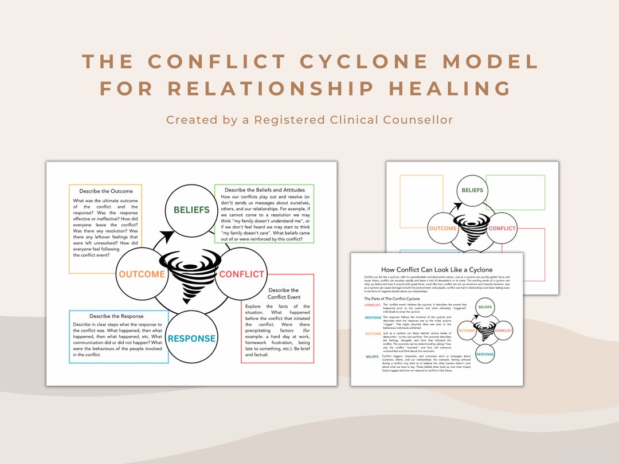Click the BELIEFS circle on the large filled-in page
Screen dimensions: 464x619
(x=191, y=210)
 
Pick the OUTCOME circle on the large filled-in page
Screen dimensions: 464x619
(x=142, y=274)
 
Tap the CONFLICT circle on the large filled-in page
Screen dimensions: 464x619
(x=241, y=274)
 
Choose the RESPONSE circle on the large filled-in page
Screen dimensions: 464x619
(x=191, y=338)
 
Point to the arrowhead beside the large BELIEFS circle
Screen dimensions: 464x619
(x=166, y=237)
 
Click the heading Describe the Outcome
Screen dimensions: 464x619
(x=105, y=191)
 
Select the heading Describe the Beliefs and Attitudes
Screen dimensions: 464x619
(x=264, y=190)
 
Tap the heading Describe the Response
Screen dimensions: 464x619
(x=116, y=316)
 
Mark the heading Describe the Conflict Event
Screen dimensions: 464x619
(x=283, y=293)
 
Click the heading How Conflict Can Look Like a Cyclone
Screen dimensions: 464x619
(x=437, y=269)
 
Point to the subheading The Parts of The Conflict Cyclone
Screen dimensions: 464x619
(x=391, y=298)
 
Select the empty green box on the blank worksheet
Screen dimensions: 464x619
(x=515, y=192)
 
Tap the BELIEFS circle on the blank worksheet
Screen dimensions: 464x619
(x=472, y=190)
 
